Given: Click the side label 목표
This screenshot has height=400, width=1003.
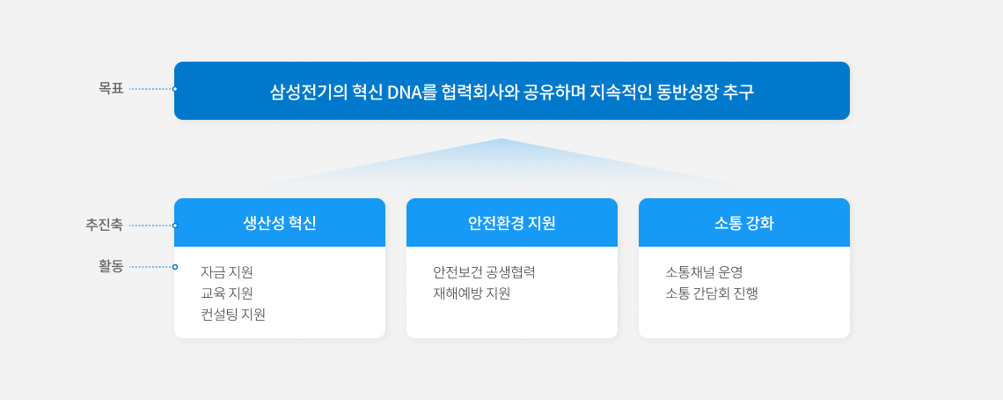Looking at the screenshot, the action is click(x=111, y=88).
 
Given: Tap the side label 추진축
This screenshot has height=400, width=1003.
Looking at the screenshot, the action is click(x=105, y=225).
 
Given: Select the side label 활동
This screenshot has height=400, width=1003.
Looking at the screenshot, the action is click(x=111, y=266).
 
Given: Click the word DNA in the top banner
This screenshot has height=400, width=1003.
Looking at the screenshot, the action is click(x=404, y=93).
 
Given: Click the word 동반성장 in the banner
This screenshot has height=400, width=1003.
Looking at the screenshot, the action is click(x=685, y=93).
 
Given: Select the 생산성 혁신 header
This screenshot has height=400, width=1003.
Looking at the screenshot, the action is click(x=280, y=223).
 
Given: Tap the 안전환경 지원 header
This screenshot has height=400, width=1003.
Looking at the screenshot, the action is click(x=512, y=223).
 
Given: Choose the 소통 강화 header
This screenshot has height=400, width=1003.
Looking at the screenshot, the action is click(x=744, y=223).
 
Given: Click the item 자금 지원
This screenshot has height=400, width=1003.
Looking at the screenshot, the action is click(x=227, y=272).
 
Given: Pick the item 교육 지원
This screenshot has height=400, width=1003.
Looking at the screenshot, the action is click(x=227, y=293).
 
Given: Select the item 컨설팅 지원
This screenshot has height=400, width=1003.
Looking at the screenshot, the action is click(x=233, y=315).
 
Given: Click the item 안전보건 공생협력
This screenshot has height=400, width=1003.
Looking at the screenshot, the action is click(x=484, y=272).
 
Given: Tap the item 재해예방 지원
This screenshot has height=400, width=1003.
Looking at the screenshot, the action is click(x=472, y=293).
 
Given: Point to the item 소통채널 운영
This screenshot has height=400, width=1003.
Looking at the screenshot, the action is click(x=704, y=272).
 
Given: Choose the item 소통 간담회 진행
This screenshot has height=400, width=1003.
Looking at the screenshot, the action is click(x=711, y=293).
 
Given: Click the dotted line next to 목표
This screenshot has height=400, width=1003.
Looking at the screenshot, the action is click(x=150, y=89).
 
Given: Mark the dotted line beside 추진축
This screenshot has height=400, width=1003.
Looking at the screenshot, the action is click(x=150, y=226).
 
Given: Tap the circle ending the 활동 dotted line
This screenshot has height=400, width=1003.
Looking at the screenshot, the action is click(x=174, y=267).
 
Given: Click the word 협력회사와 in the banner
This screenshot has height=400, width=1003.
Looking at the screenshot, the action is click(x=480, y=93).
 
